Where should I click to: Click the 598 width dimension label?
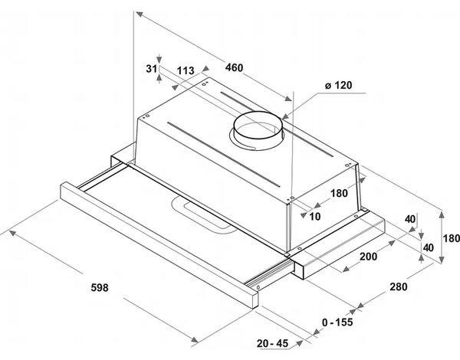100,287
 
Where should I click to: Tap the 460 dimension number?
234,67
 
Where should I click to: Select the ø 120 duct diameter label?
338,85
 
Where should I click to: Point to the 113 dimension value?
186,70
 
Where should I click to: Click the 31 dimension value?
151,69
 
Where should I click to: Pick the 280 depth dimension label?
399,286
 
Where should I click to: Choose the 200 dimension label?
368,257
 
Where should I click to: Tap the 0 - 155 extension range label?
337,322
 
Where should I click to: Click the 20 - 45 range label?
272,343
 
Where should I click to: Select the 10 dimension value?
315,217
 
